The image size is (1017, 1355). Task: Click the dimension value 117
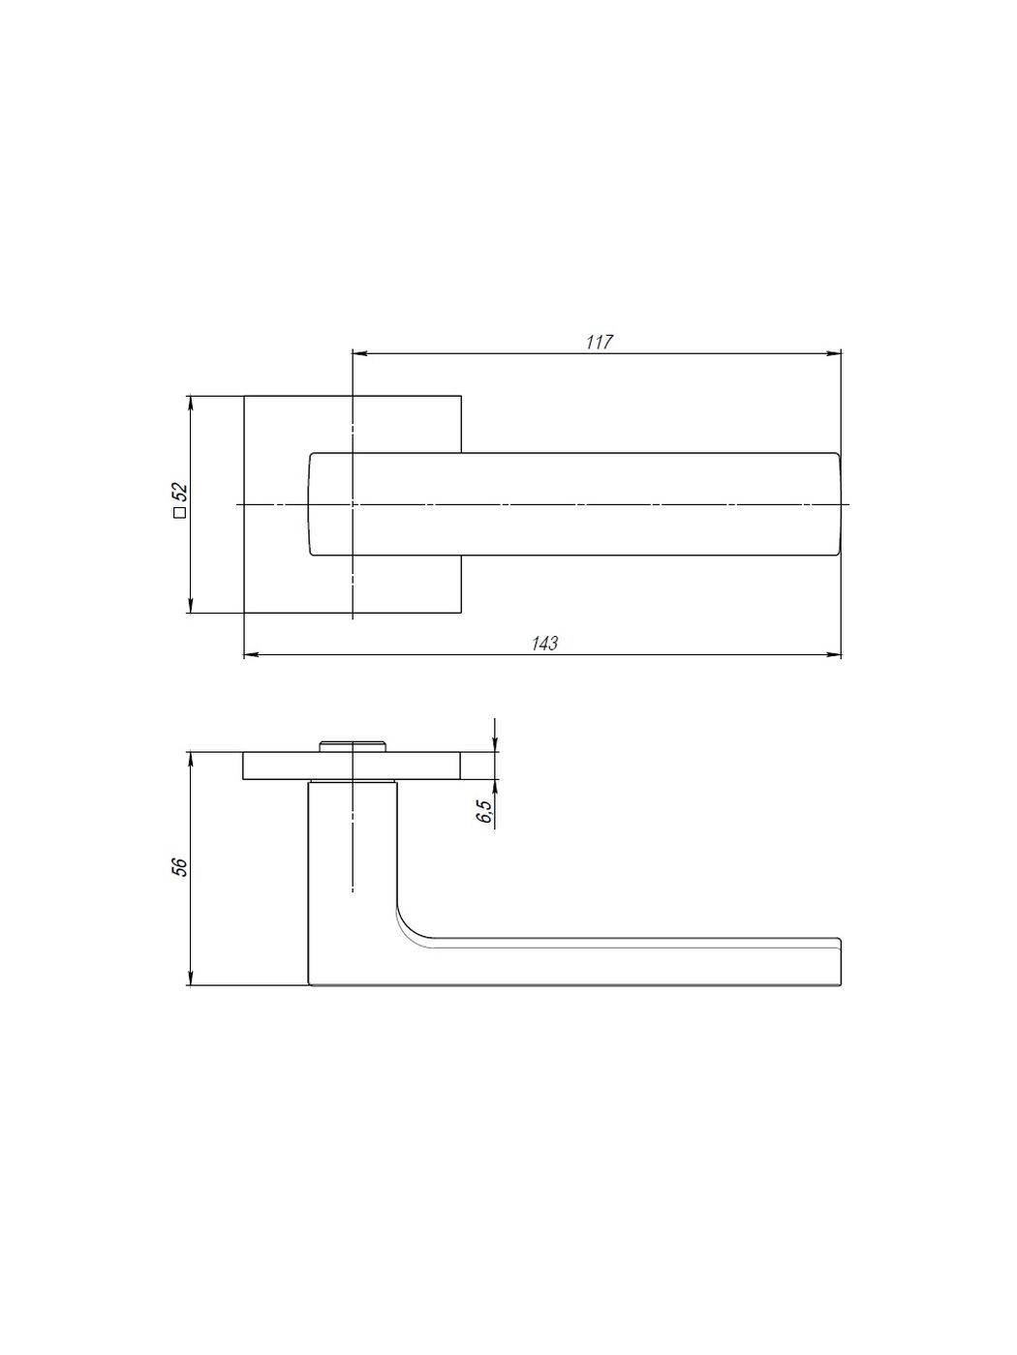pos(599,342)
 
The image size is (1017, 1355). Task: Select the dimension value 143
pos(544,644)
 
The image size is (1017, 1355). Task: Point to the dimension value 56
pos(180,867)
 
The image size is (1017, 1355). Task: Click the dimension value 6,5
pos(484,811)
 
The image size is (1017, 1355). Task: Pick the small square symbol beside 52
pos(180,512)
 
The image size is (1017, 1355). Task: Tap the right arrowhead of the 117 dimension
pos(834,353)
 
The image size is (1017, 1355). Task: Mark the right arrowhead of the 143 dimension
pos(834,654)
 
